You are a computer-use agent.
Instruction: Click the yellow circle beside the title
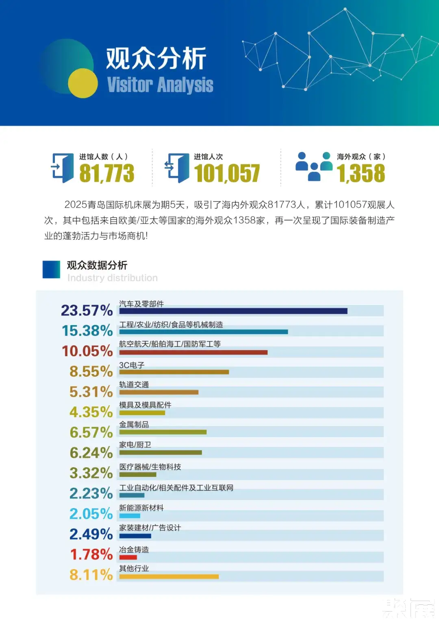83,83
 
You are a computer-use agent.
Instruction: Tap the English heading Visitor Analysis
160,84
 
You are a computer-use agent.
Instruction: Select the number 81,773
107,173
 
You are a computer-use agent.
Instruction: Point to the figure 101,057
227,173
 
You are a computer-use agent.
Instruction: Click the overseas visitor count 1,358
361,173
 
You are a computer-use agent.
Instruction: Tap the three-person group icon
314,166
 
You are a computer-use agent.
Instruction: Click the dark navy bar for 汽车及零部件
233,311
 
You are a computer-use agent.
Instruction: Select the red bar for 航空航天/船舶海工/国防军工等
193,353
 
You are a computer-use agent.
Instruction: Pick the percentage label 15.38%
87,331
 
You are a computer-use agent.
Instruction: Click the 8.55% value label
91,371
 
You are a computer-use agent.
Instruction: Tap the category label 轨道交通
134,385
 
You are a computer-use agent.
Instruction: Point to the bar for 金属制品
163,432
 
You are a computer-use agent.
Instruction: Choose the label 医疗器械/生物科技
150,467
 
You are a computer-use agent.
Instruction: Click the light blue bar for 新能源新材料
130,516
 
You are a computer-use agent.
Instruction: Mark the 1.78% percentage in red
91,554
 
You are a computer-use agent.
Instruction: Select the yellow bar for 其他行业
169,576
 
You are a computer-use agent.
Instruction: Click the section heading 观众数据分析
97,265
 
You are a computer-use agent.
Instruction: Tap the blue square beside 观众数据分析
51,269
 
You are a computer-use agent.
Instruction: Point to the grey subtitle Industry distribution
113,278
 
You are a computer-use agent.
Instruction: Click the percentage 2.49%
91,534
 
